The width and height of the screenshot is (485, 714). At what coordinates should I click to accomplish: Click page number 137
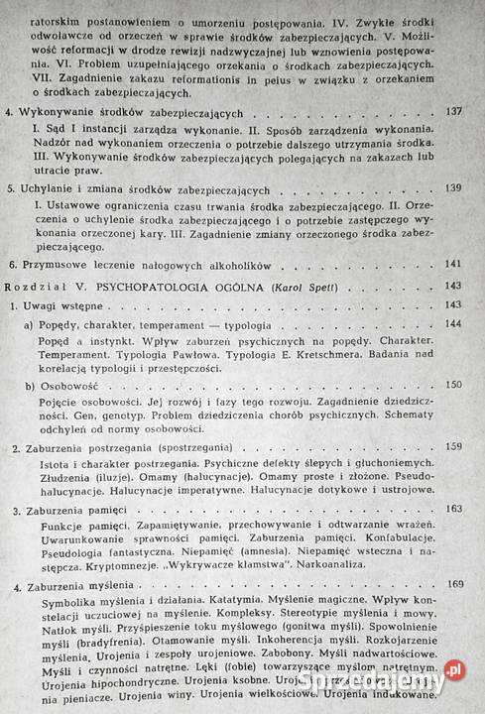tap(455, 111)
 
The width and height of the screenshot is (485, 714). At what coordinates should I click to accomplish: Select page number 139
tap(455, 187)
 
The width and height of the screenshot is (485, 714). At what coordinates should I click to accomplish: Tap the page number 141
tap(455, 264)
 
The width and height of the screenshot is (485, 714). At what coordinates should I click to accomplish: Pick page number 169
tap(455, 585)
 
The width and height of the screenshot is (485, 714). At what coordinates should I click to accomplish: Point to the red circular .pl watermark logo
tap(454, 670)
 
